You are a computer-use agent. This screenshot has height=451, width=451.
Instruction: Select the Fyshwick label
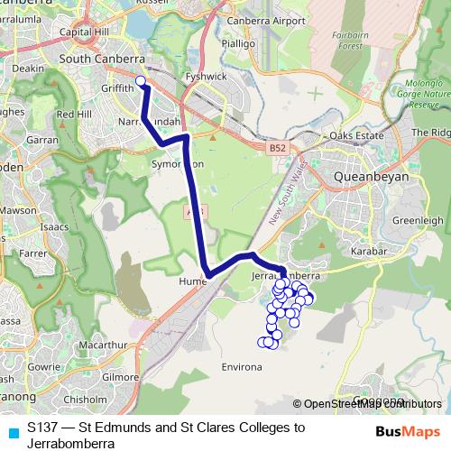coord(205,78)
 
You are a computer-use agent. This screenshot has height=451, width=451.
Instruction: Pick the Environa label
coord(241,368)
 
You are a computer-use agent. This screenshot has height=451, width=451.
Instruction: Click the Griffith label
coord(119,89)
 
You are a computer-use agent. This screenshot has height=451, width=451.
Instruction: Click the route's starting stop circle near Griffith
coord(141,82)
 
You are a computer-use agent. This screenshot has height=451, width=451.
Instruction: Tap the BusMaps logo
coord(409,431)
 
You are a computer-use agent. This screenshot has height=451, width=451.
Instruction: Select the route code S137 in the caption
coord(42,426)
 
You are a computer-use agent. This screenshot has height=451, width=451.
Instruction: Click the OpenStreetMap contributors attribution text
coord(369,403)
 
